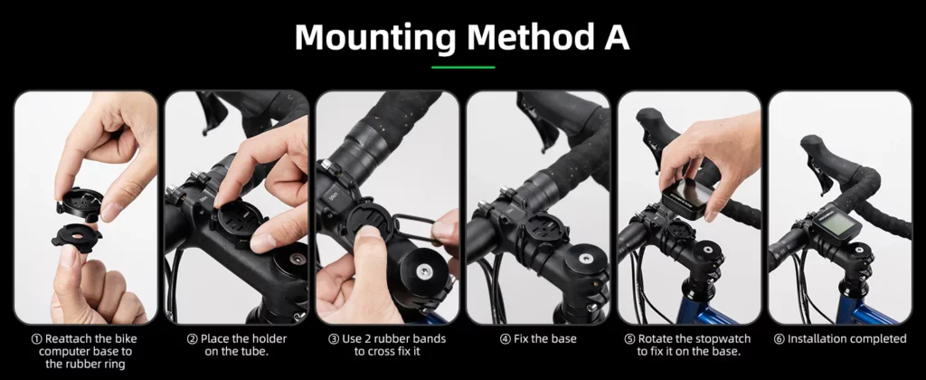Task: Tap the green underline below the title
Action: point(463,67)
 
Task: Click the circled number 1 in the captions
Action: point(36,339)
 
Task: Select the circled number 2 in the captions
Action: point(192,339)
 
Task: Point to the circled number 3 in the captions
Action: point(334,339)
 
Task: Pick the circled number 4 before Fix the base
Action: point(505,339)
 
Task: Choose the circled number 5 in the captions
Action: point(629,339)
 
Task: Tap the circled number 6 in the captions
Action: point(779,339)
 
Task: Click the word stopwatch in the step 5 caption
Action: point(723,340)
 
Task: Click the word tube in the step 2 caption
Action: point(256,352)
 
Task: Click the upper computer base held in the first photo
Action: point(80,203)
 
